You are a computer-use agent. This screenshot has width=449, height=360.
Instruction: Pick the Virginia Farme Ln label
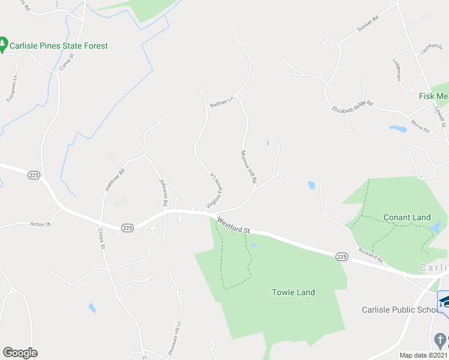pyautogui.click(x=212, y=191)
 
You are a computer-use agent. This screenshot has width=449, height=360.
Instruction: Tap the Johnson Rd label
pyautogui.click(x=162, y=191)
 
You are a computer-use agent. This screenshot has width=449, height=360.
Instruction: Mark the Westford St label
pyautogui.click(x=234, y=226)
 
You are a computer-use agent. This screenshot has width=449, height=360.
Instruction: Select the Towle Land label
pyautogui.click(x=294, y=292)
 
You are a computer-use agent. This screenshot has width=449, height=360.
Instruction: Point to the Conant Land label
pyautogui.click(x=407, y=217)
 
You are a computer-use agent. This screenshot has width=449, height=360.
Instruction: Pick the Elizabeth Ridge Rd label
pyautogui.click(x=352, y=106)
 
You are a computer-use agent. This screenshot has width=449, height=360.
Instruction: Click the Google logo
pyautogui.click(x=20, y=353)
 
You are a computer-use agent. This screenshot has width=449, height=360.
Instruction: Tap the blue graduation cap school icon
pyautogui.click(x=444, y=301)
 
